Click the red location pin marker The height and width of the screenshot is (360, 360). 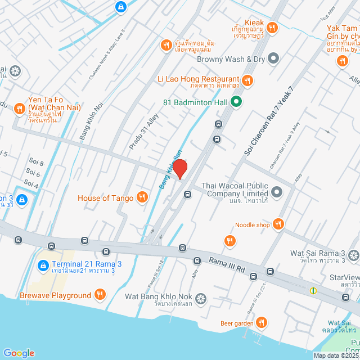pyautogui.click(x=179, y=169)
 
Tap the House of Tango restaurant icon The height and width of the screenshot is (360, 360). pyautogui.click(x=142, y=197)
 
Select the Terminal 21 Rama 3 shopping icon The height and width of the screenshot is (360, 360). pyautogui.click(x=43, y=265)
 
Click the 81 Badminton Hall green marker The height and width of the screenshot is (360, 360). pyautogui.click(x=236, y=102)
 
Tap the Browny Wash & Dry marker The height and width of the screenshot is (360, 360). pyautogui.click(x=273, y=57)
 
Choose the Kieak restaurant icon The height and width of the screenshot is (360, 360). pyautogui.click(x=272, y=26)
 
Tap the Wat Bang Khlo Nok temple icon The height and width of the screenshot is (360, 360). pyautogui.click(x=201, y=296)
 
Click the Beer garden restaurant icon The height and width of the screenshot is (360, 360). pyautogui.click(x=261, y=322)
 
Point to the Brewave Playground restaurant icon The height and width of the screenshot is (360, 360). pyautogui.click(x=100, y=295)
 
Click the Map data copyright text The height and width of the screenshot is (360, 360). pyautogui.click(x=336, y=355)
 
